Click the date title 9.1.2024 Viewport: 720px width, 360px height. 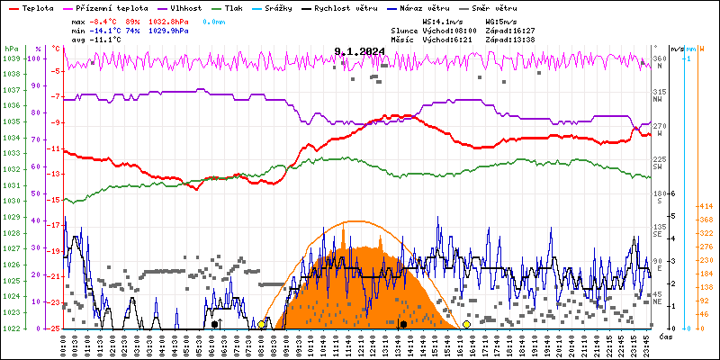pos(359,51)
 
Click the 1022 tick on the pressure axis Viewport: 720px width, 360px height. pos(11,328)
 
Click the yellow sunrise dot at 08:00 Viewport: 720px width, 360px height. pos(261,324)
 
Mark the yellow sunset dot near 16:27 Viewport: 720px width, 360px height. pos(466,324)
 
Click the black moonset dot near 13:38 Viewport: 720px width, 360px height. pos(403,324)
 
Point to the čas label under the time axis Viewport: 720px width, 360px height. pos(664,337)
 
